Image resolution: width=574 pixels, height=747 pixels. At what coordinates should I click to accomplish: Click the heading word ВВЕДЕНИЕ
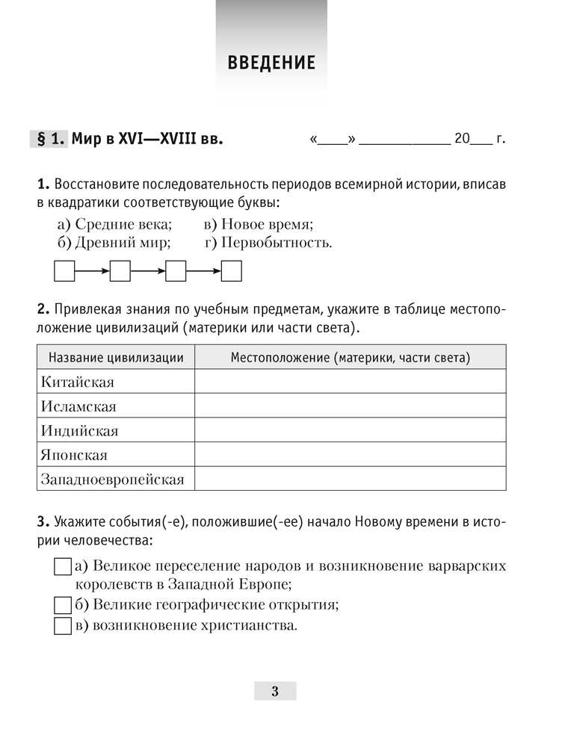[271, 63]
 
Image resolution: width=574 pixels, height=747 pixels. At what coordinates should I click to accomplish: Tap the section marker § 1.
[49, 139]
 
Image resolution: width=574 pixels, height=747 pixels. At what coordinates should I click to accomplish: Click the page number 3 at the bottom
[275, 691]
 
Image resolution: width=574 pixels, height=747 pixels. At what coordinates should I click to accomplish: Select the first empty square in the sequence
[65, 271]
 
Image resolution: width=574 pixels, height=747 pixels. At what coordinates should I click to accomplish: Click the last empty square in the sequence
[232, 271]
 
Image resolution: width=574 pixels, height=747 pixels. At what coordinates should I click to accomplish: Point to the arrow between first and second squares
[92, 271]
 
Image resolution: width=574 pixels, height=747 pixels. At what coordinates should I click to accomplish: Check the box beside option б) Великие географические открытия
[63, 604]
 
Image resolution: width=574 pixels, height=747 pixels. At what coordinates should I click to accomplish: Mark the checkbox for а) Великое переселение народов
[63, 566]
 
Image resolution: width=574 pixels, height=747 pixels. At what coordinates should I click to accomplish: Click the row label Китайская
[78, 382]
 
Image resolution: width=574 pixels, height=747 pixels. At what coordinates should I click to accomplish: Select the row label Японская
[75, 455]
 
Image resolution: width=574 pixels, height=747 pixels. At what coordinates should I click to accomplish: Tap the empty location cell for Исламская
[350, 406]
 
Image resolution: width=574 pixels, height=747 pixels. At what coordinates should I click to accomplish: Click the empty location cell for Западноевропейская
[350, 479]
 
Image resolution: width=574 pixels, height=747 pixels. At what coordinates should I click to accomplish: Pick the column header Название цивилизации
[116, 358]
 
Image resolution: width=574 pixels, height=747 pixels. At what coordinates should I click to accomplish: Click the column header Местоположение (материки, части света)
[350, 358]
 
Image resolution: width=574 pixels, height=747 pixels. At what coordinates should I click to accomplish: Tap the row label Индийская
[80, 431]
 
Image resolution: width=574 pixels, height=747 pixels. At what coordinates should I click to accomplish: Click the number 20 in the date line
[461, 140]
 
